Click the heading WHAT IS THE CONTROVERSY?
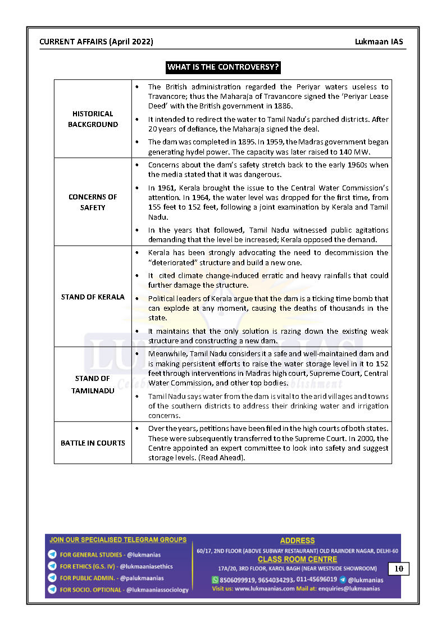coord(223,67)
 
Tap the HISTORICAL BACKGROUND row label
coord(93,119)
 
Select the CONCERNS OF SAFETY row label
coord(93,202)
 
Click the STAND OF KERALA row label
coord(93,297)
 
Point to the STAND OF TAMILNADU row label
coord(93,384)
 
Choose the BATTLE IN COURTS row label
coord(93,443)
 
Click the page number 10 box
coord(399,569)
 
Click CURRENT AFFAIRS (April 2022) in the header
coord(96,42)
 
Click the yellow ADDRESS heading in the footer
coord(297,541)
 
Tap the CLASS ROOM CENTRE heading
coord(297,559)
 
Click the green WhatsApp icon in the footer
coord(215,579)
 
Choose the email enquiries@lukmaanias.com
coord(344,588)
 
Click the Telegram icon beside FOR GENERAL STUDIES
coord(52,555)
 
